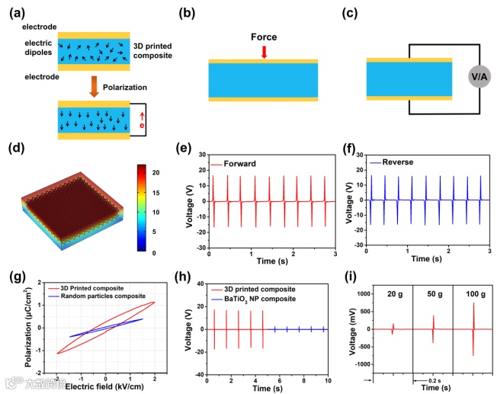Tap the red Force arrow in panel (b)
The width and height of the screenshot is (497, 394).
pos(264,51)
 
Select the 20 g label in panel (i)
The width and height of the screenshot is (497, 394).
pos(393,295)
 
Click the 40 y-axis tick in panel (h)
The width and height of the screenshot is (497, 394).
pos(200,283)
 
